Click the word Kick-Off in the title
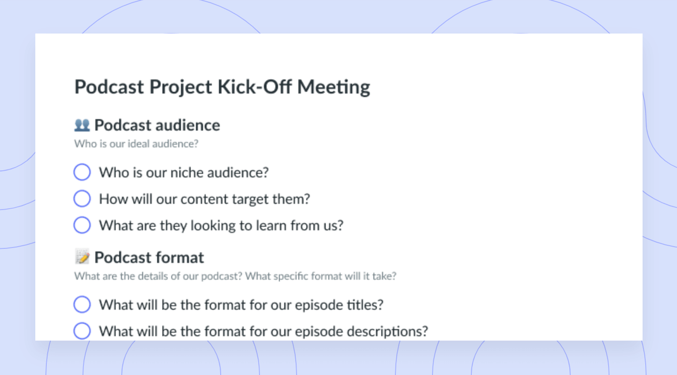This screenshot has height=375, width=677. [255, 87]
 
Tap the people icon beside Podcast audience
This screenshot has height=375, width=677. [82, 125]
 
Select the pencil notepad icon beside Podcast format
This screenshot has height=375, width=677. [82, 257]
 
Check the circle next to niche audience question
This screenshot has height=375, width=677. [82, 172]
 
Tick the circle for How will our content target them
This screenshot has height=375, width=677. [82, 199]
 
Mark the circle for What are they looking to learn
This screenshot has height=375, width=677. [82, 225]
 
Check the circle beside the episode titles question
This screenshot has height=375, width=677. [82, 304]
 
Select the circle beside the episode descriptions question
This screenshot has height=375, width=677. [82, 331]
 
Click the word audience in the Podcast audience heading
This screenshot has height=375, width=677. [188, 125]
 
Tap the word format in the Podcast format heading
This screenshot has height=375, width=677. [180, 258]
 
